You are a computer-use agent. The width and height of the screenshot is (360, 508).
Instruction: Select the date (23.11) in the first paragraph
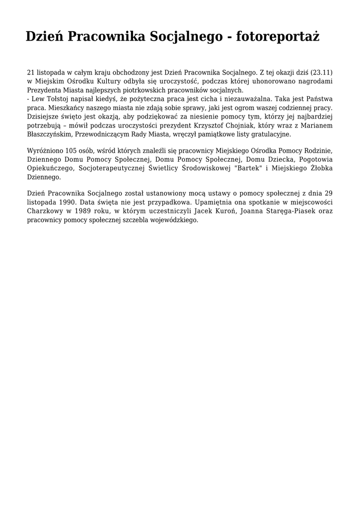(x=321, y=72)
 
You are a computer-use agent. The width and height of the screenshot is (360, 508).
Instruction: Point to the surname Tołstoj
(x=59, y=99)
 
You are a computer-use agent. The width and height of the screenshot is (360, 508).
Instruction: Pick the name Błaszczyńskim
(x=50, y=134)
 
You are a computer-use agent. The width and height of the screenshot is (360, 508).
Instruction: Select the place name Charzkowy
(x=44, y=211)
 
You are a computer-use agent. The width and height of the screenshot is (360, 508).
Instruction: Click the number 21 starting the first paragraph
(x=31, y=72)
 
